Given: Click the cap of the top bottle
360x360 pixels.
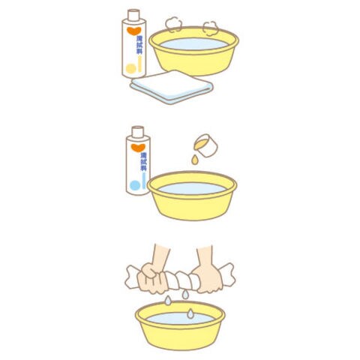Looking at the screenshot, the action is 133,14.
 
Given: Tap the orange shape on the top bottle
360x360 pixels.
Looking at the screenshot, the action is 134,31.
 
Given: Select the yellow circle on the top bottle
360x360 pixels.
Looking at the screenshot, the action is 130,68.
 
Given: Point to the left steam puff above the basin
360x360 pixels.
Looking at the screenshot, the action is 173,24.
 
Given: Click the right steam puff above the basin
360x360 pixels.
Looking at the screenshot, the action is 211,28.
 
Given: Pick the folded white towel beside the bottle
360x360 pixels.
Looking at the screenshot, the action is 172,87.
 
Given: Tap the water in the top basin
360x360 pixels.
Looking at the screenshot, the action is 194,44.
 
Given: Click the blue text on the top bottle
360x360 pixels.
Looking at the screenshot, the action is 139,45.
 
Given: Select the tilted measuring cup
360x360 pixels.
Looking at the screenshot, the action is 206,145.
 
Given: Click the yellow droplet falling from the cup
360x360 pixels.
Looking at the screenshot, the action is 195,160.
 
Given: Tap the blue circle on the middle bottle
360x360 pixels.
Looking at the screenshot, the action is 135,185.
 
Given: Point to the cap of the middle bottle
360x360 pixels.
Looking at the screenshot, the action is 138,132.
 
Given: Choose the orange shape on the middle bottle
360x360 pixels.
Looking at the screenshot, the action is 138,148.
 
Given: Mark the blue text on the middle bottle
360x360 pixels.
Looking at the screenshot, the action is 143,161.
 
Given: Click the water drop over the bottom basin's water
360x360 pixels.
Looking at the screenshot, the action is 190,313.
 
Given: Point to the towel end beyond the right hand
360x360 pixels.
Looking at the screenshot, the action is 228,274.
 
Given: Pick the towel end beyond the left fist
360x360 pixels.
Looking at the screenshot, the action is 132,277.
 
